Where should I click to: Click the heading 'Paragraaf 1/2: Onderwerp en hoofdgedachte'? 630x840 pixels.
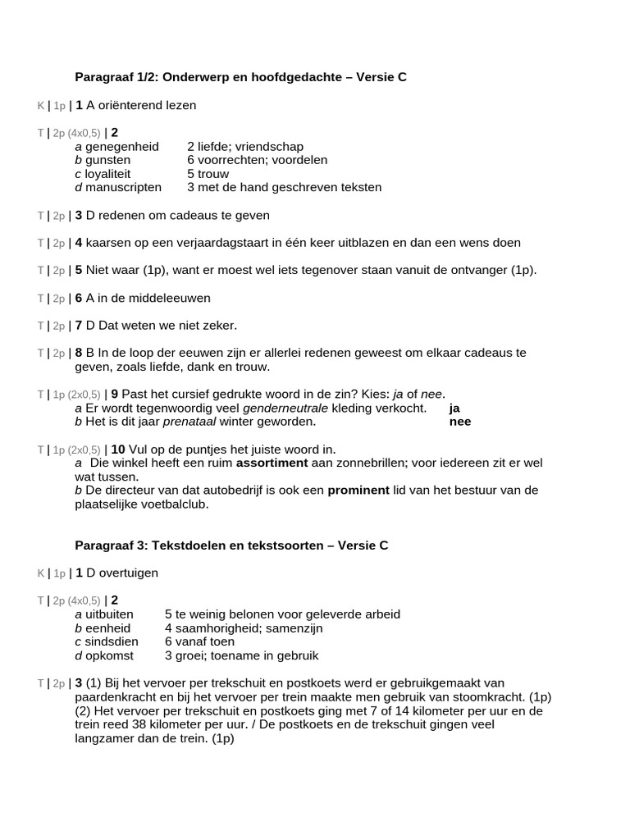pyautogui.click(x=209, y=77)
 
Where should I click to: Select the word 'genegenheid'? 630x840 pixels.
pyautogui.click(x=122, y=146)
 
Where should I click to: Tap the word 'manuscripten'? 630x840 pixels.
pyautogui.click(x=125, y=187)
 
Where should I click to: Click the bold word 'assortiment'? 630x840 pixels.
pyautogui.click(x=272, y=463)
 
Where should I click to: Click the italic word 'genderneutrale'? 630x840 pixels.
pyautogui.click(x=281, y=408)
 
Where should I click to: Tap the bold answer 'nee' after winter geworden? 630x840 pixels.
pyautogui.click(x=460, y=422)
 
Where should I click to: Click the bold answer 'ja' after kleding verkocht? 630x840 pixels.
pyautogui.click(x=454, y=408)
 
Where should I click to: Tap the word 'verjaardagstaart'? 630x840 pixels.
pyautogui.click(x=233, y=243)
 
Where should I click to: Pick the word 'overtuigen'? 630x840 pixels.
pyautogui.click(x=128, y=573)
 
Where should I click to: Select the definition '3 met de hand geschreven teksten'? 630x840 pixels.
pyautogui.click(x=284, y=187)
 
